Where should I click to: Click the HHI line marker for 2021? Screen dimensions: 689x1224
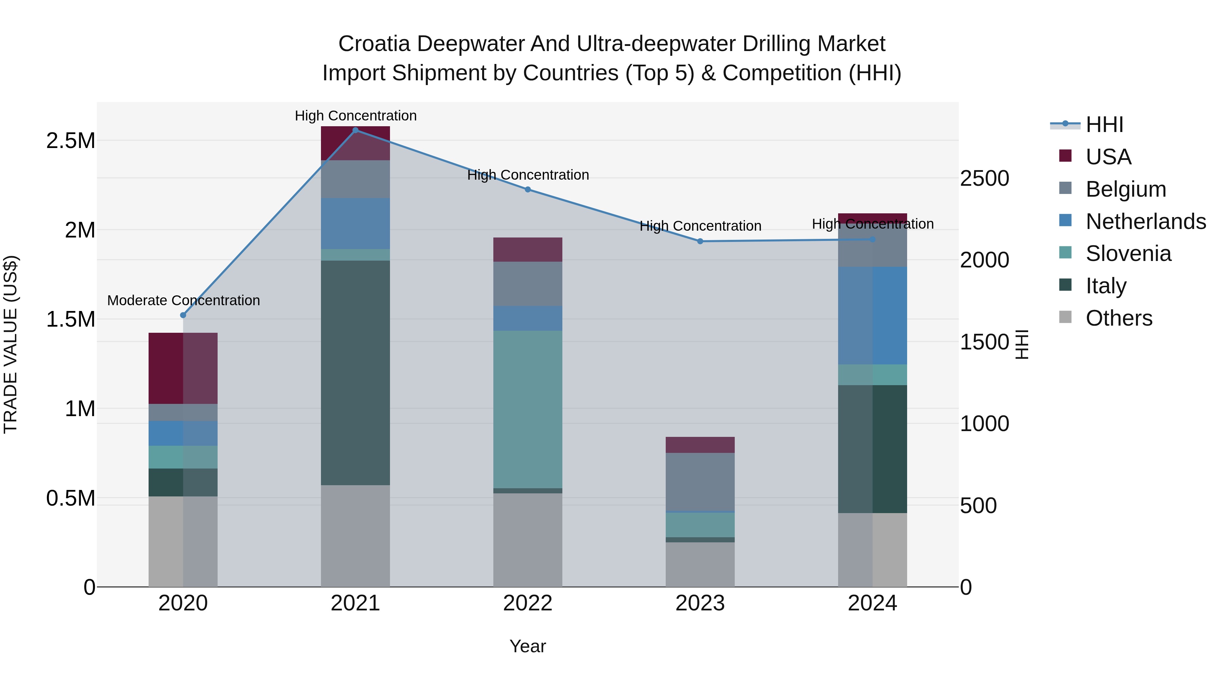355,130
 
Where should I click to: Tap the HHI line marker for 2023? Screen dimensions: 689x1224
700,242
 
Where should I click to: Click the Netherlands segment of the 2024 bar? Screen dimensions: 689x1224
872,316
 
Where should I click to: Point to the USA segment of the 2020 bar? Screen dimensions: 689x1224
183,368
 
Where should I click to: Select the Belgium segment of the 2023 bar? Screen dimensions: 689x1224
700,482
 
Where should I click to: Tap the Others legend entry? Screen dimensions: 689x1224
1119,318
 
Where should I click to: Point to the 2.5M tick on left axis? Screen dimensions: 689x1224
71,141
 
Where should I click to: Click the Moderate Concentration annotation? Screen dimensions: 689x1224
183,300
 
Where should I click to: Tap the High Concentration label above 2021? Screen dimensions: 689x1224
355,116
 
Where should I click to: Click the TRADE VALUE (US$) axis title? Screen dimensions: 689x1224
11,344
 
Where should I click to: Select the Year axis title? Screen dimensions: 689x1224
527,646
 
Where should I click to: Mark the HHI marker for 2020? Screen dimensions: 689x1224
183,315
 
